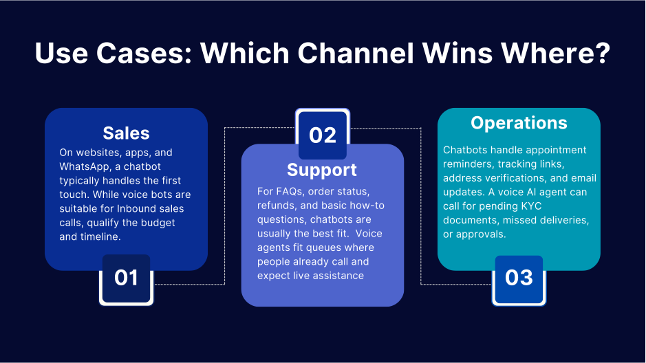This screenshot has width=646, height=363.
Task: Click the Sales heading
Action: coord(126,133)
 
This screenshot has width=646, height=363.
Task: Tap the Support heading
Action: coord(322,169)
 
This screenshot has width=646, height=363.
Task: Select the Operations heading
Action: coord(519,123)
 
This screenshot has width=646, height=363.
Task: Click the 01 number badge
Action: coord(126,278)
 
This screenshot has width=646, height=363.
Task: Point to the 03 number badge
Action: coord(519,278)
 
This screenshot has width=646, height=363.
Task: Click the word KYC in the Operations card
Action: coord(528,206)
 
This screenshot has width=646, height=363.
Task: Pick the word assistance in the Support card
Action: coord(338,276)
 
